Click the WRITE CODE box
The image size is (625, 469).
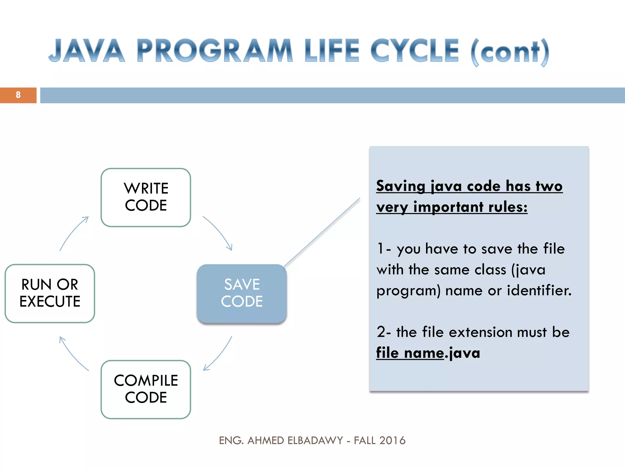click(x=146, y=197)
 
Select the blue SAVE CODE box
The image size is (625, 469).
click(x=242, y=293)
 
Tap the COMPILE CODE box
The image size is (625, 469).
click(x=146, y=389)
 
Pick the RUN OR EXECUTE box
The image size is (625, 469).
click(x=50, y=293)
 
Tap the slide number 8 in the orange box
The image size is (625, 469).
click(x=18, y=95)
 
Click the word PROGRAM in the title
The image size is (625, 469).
click(x=215, y=51)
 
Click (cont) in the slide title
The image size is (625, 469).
click(x=510, y=52)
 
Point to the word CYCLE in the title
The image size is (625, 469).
click(x=414, y=51)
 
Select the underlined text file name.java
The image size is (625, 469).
click(x=428, y=353)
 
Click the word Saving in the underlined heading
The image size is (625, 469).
click(x=400, y=186)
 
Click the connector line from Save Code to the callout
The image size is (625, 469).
click(x=322, y=233)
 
